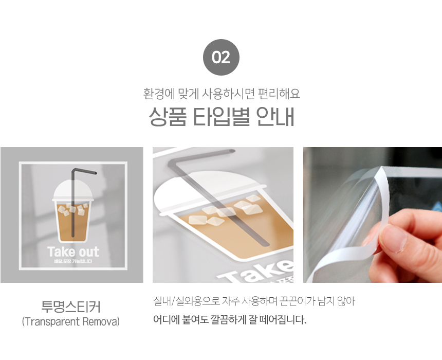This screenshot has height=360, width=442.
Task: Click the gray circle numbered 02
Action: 221,57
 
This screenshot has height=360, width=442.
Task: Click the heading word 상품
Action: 168,117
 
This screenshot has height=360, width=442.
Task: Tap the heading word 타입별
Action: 222,117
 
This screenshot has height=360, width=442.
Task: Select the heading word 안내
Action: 275,117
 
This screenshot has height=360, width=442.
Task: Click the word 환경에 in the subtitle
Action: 159,94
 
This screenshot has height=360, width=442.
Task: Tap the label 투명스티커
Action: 71,307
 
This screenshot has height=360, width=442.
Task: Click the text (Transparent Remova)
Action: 71,321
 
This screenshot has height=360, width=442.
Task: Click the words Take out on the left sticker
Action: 73,251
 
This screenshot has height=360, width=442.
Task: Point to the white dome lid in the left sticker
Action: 73,190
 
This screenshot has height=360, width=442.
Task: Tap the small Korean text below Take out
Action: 73,261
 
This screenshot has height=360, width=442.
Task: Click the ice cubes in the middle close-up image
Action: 226,211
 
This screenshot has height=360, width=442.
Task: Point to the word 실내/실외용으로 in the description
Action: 187,301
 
